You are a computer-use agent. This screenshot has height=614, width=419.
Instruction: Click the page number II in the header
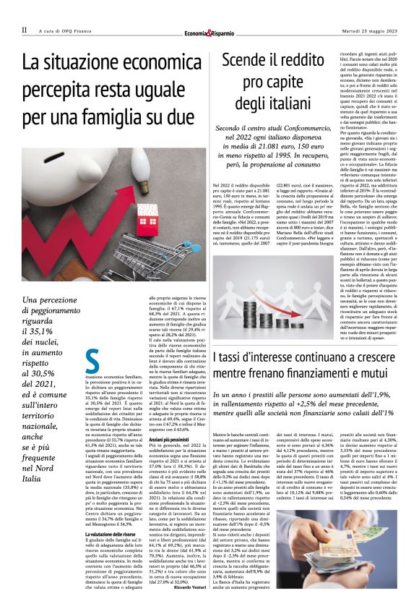pyautogui.click(x=24, y=30)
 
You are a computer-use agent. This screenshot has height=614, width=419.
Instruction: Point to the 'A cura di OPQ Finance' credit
pyautogui.click(x=66, y=30)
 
